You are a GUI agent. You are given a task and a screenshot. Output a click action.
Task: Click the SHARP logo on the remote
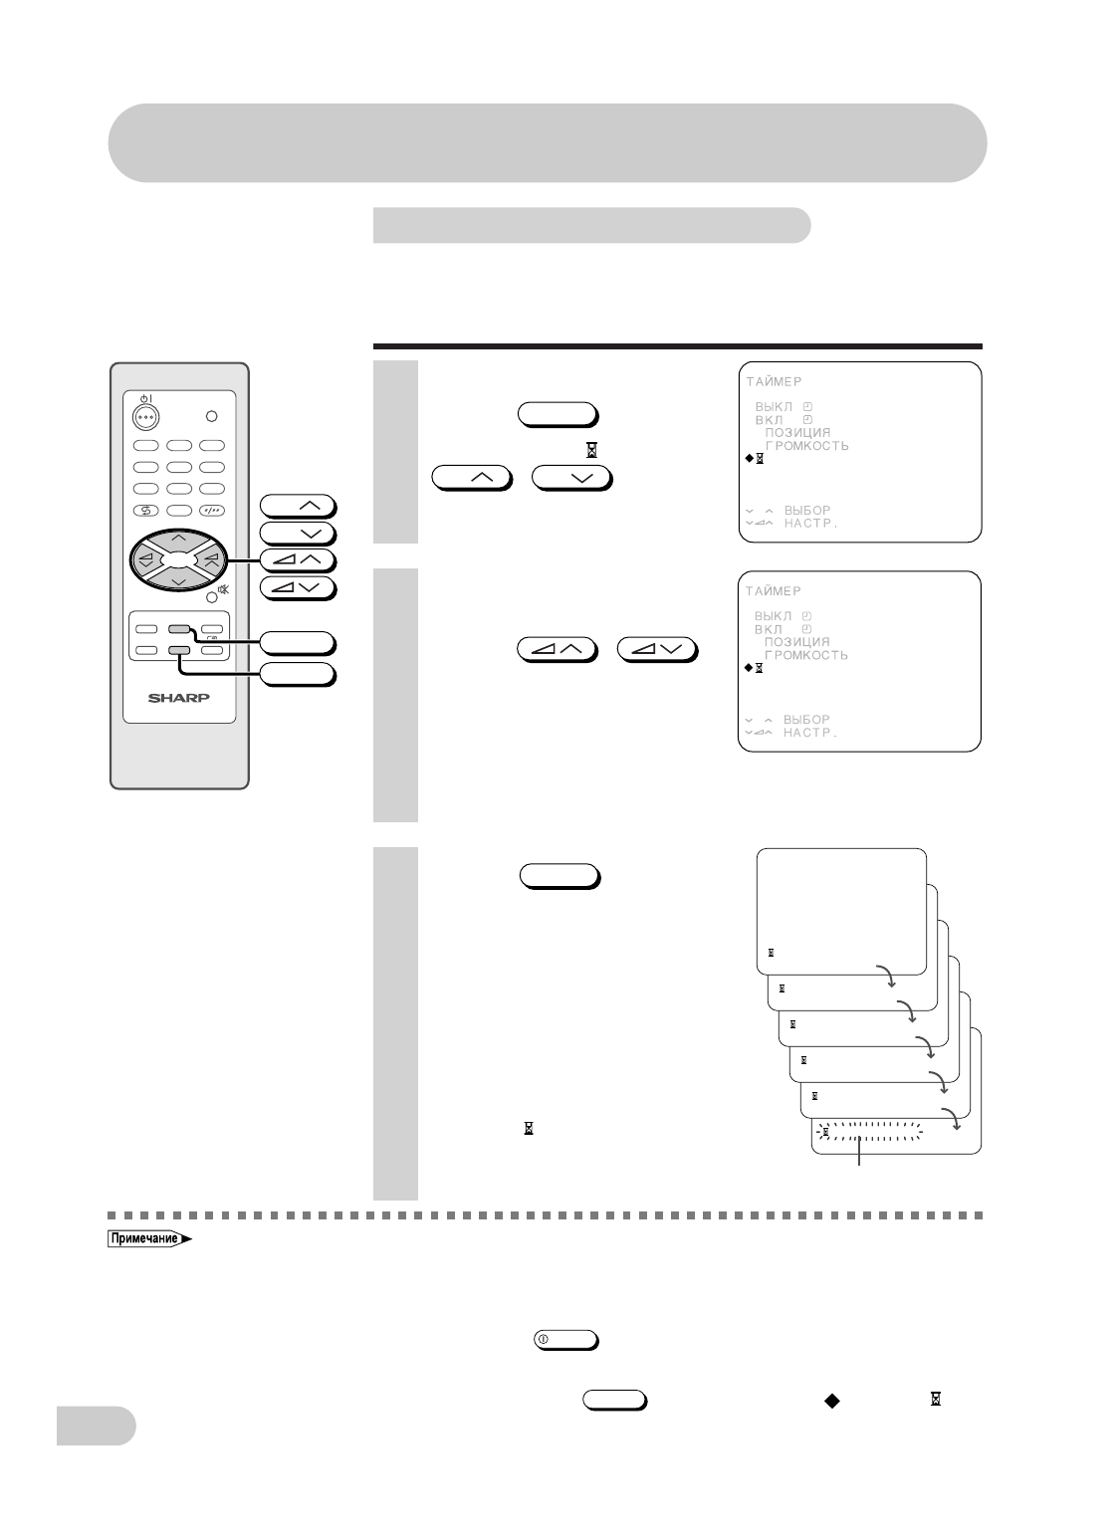coord(179,697)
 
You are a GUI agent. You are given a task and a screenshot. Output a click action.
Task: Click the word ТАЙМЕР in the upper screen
coord(774,381)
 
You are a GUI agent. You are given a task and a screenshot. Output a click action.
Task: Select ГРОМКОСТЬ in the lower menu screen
coord(806,656)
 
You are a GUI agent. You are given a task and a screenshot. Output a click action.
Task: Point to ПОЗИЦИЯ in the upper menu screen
coord(796,433)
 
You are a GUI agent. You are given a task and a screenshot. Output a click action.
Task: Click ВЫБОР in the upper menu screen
coord(806,511)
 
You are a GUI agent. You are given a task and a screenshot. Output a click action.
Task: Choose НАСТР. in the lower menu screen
coord(810,733)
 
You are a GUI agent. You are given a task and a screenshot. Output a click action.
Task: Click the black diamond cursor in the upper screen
coord(749,459)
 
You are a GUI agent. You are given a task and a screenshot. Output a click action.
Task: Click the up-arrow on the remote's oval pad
coord(178,539)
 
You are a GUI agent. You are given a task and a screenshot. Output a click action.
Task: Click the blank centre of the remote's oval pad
coord(178,559)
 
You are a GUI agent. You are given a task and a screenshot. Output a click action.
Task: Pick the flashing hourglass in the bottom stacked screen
coord(825,1133)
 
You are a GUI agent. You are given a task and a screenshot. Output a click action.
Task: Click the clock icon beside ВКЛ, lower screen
coord(807,629)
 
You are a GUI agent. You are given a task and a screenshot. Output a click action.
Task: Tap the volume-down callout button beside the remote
coord(299,587)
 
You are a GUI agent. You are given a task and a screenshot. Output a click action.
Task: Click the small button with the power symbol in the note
coord(565,1339)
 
